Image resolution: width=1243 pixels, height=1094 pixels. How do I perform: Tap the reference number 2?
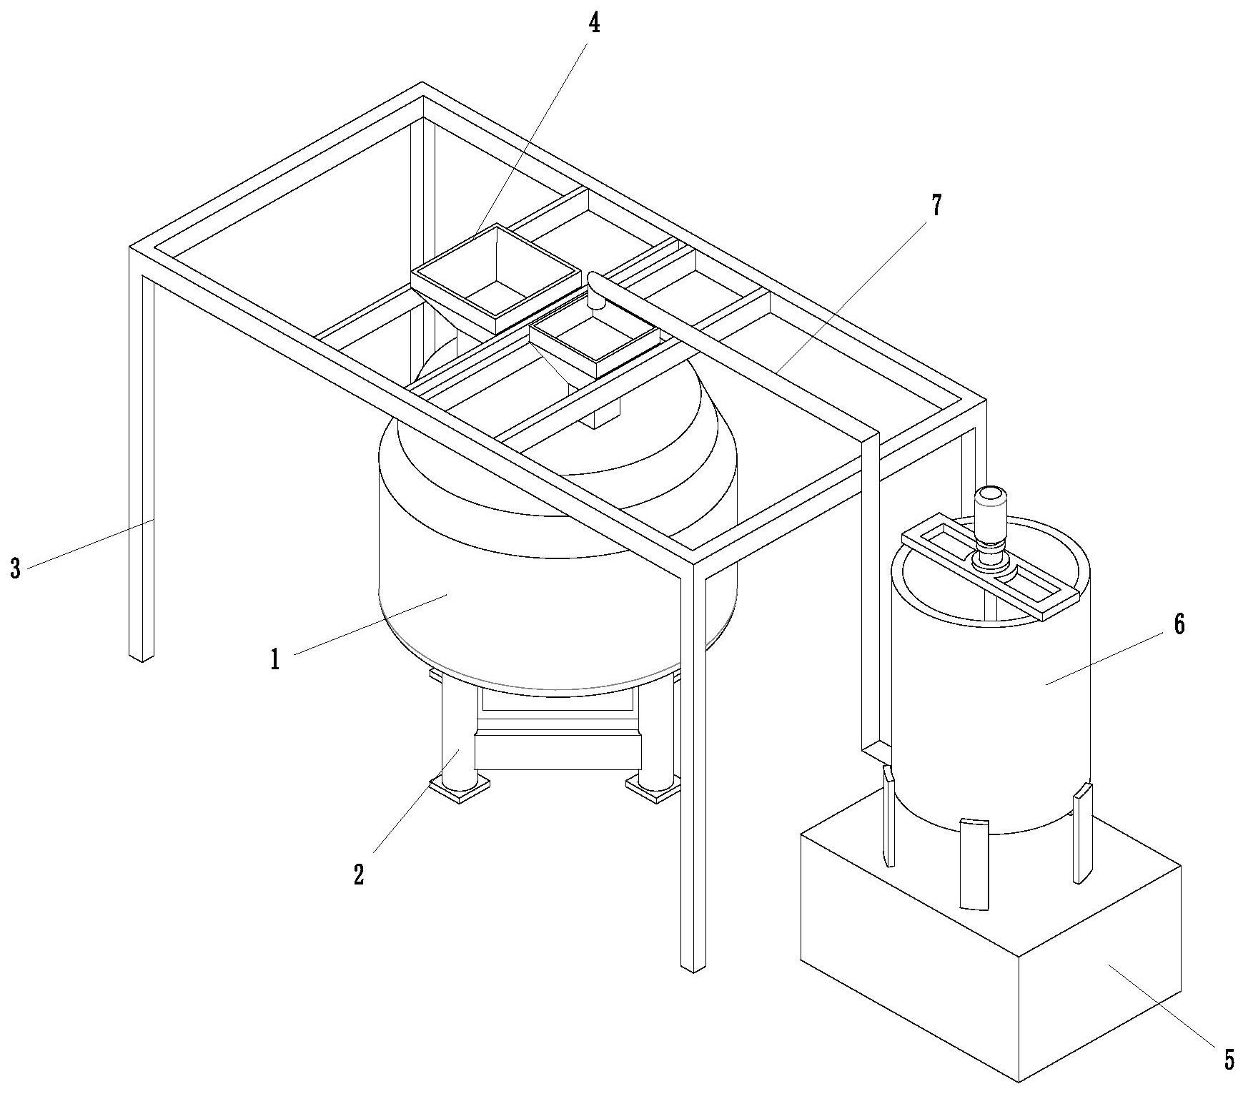click(359, 874)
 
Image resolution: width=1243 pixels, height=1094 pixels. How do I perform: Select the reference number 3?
click(15, 569)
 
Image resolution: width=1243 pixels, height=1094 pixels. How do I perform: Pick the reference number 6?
click(1179, 624)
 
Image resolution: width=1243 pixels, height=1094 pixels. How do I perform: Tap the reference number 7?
click(936, 207)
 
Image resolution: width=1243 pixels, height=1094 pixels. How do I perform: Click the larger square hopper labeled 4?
click(496, 279)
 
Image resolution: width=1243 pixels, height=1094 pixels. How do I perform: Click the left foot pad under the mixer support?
click(459, 791)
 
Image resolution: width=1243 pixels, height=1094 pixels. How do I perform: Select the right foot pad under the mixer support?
click(652, 789)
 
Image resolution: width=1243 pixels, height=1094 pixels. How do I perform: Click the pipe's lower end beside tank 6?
click(876, 751)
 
